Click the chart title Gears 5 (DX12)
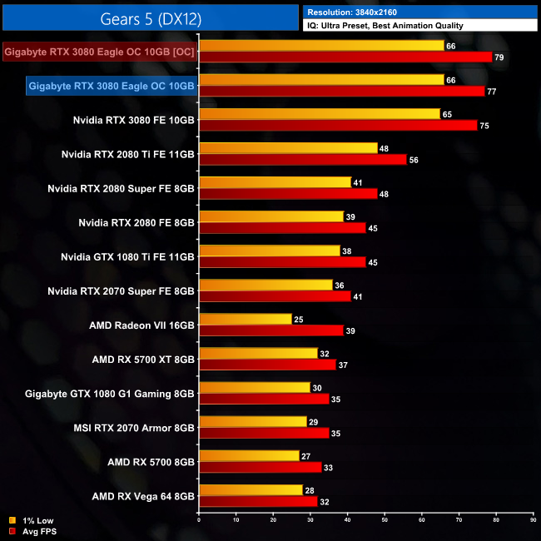[150, 17]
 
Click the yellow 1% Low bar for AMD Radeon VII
[246, 319]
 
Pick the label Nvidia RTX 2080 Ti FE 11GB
[128, 154]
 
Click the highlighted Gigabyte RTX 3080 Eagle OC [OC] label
[99, 52]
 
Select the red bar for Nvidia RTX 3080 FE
[338, 126]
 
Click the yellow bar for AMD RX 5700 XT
[259, 353]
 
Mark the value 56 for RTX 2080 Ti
[415, 160]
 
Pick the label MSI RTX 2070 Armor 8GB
[134, 428]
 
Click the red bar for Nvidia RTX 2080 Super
[288, 194]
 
